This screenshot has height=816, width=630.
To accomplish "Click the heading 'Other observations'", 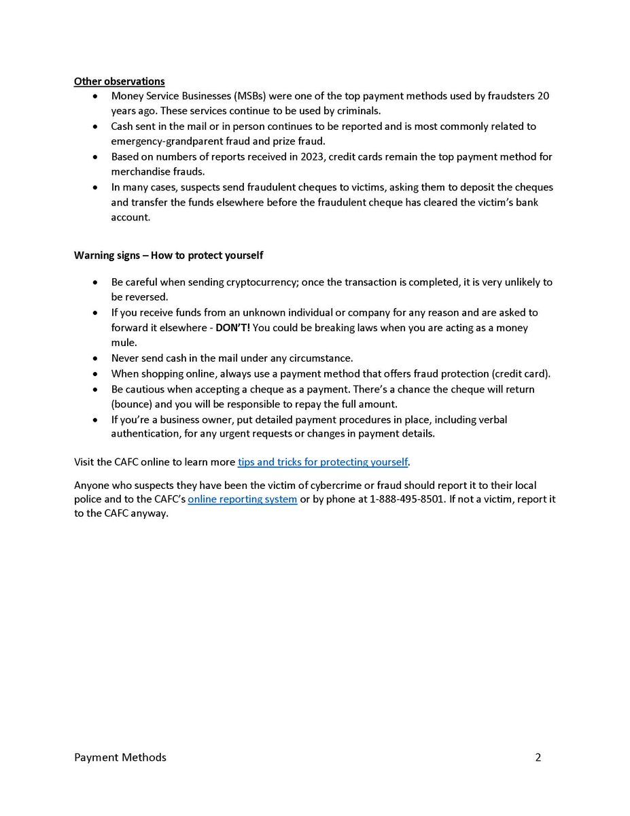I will click(x=119, y=82).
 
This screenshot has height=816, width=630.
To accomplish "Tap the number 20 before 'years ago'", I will click(x=542, y=97).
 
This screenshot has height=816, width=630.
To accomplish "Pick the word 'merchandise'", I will click(x=139, y=172).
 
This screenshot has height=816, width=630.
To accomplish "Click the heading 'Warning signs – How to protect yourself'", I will click(x=168, y=256).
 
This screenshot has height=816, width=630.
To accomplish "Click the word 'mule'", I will click(x=124, y=343).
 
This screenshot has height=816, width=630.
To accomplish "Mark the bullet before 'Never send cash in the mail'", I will click(x=94, y=358).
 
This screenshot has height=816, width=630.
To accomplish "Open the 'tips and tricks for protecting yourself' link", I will click(x=323, y=462).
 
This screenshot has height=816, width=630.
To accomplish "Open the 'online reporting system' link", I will click(x=243, y=500).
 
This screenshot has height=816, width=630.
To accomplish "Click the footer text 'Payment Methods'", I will click(x=120, y=758).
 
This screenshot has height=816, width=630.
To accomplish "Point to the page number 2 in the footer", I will click(x=538, y=758).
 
